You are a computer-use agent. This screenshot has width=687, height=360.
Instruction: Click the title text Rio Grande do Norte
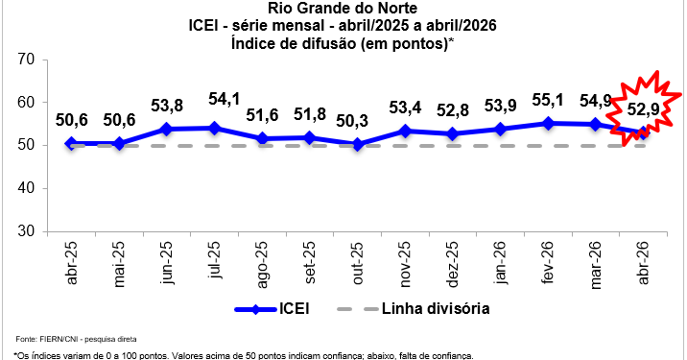coord(343,10)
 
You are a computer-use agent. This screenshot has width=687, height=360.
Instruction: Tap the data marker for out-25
coord(358,144)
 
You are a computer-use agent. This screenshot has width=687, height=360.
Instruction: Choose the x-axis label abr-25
coord(72,263)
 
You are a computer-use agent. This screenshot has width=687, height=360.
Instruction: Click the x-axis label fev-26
coord(548,263)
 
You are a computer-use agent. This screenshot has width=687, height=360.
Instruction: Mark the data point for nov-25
coord(406,131)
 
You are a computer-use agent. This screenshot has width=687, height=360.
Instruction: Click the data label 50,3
coord(358,122)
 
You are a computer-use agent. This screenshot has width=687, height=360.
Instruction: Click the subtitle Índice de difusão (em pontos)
coord(343,43)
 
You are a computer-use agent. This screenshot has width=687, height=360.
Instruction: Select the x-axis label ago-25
coord(263,263)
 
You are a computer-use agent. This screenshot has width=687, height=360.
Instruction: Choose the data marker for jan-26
coord(501,129)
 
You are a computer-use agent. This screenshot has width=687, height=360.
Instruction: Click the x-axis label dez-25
coord(453,263)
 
